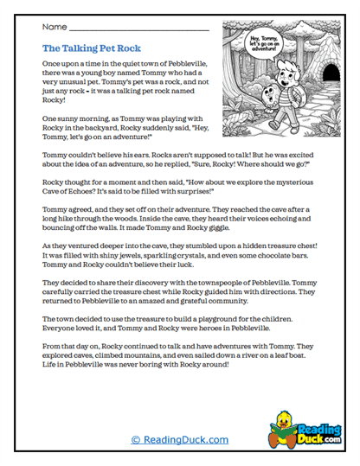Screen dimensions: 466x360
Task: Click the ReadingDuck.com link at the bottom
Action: (x=179, y=440)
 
